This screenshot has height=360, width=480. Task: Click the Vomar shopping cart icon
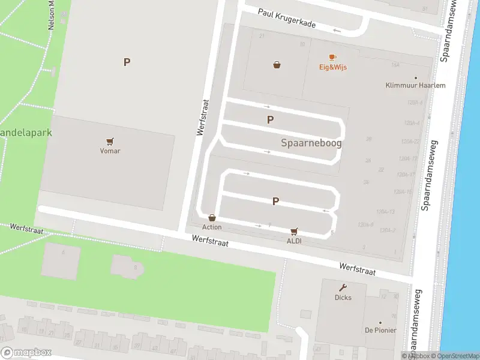(x=110, y=142)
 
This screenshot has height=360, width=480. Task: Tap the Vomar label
(x=110, y=151)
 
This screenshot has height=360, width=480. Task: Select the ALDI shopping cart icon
(x=294, y=231)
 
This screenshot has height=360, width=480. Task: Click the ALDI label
(x=294, y=241)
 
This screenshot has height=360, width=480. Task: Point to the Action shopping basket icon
(x=212, y=218)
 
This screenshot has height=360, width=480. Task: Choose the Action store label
(x=212, y=227)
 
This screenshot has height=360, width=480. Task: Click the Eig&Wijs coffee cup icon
(x=332, y=58)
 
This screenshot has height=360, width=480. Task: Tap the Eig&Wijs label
(x=332, y=67)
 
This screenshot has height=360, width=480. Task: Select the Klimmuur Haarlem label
(x=415, y=85)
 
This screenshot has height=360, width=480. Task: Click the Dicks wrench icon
(x=343, y=287)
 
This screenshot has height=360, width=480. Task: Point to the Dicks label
(x=343, y=298)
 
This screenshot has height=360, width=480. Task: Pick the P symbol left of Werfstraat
(x=127, y=62)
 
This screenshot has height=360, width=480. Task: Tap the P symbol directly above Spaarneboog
(x=271, y=120)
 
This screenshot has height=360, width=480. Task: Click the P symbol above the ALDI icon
(x=275, y=202)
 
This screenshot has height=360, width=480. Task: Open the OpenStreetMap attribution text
(x=454, y=356)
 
